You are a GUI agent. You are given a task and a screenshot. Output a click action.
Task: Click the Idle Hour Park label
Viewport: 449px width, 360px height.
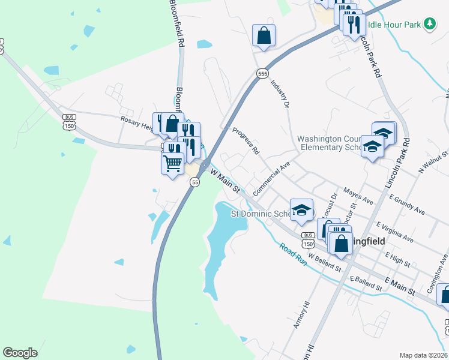click(394, 24)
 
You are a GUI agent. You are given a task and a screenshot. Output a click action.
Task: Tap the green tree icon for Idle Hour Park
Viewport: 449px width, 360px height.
click(429, 24)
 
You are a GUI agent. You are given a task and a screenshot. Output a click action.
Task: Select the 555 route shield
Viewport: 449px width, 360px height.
click(262, 73)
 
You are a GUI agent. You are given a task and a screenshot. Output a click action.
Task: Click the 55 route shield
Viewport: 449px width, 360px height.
click(195, 182)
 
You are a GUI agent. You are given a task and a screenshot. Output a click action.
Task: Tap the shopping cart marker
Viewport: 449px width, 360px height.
click(172, 162)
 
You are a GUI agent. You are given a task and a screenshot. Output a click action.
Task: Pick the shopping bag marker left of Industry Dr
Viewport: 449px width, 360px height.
click(264, 35)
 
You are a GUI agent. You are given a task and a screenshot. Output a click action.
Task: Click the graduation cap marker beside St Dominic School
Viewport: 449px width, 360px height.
click(301, 210)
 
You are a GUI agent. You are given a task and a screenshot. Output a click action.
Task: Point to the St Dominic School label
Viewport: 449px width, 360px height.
click(261, 214)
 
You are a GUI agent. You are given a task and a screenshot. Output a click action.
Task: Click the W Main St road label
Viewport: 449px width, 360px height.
click(225, 181)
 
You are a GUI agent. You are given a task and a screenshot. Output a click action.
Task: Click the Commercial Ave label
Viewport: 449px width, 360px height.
click(271, 177)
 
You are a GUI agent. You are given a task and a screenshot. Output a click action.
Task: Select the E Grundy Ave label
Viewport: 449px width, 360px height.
click(407, 205)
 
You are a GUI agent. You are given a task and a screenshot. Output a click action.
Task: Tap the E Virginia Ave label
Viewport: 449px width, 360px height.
click(395, 232)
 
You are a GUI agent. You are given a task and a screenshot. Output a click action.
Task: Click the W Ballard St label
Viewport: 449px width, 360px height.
click(324, 261)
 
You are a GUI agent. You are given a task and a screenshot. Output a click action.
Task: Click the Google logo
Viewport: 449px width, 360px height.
click(20, 352)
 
